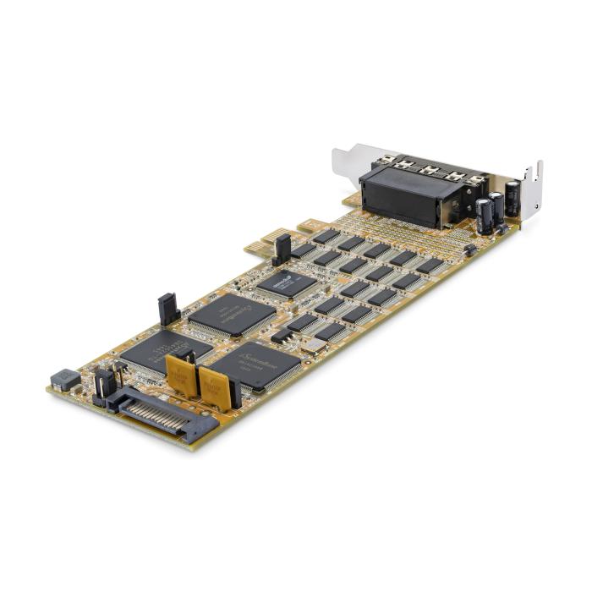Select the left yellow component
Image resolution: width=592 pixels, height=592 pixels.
point(182,373)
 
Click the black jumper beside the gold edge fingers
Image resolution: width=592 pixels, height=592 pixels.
point(282,249)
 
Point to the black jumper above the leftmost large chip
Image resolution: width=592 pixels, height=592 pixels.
point(167,310)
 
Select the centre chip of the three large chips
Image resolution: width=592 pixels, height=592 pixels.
point(230,315)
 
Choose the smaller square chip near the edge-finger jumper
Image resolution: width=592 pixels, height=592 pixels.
point(287,283)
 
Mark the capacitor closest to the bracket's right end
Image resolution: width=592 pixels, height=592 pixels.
point(513,197)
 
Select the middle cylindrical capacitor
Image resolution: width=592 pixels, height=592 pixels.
point(497,208)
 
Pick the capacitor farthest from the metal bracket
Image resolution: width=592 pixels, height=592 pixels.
point(484,217)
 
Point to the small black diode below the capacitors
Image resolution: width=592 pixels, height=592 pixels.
point(469,249)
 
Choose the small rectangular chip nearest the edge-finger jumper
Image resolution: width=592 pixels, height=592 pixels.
point(302,250)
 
